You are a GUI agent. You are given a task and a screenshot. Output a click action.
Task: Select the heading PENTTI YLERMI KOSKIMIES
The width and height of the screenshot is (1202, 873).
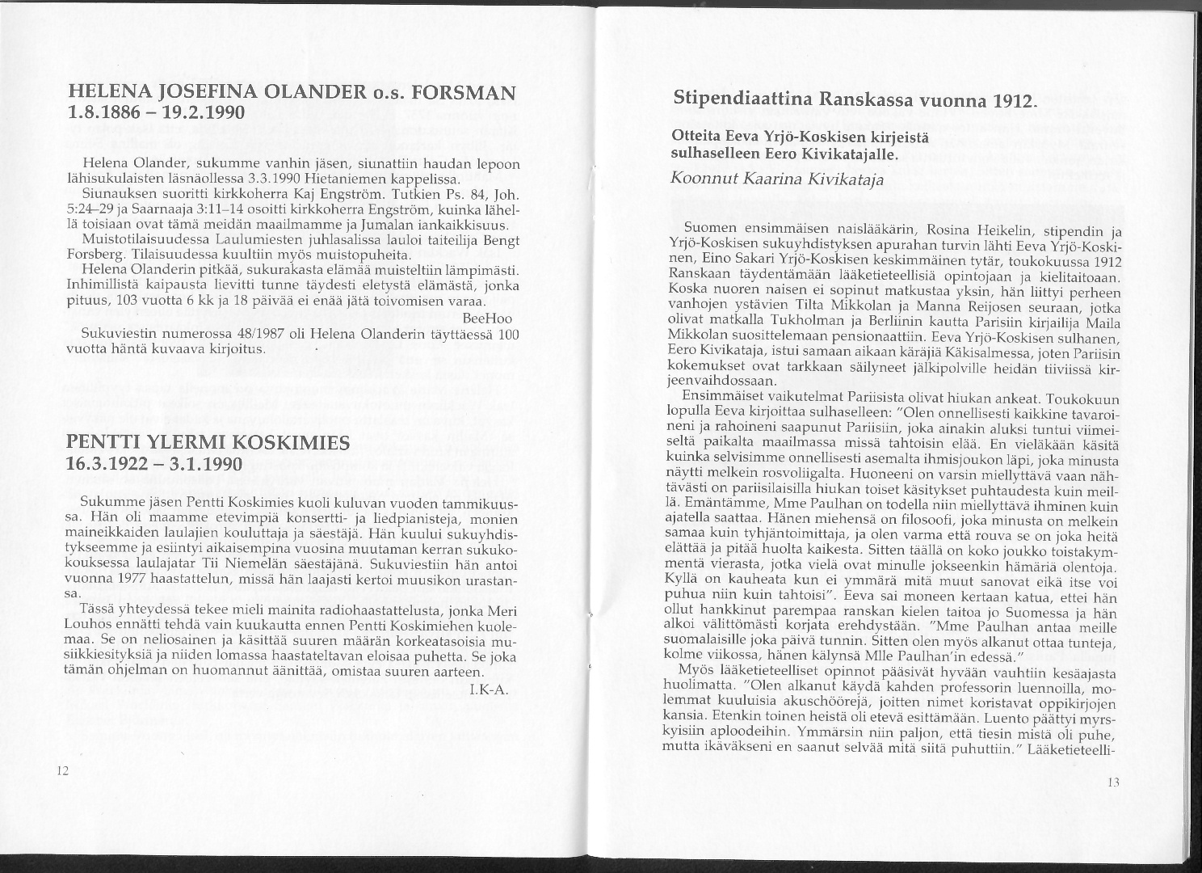click(208, 442)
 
